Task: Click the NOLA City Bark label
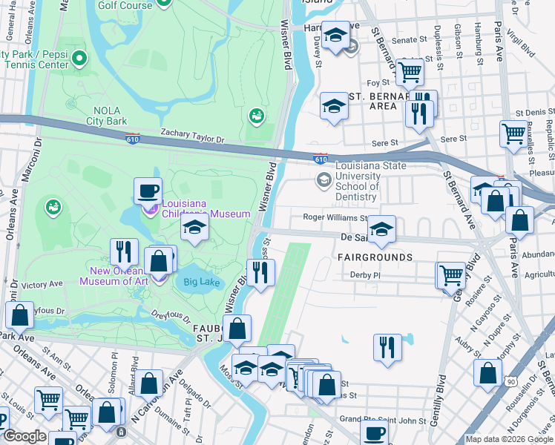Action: (x=106, y=116)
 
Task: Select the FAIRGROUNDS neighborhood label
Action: (x=375, y=257)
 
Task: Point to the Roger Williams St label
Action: (x=335, y=218)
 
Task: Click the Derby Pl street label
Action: (x=366, y=274)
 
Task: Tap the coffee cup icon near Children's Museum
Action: (x=148, y=191)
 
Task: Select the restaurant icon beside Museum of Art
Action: (x=124, y=251)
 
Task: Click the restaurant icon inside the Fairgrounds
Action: (x=386, y=347)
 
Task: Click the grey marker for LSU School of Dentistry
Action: (x=324, y=179)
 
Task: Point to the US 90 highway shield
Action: (x=510, y=381)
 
